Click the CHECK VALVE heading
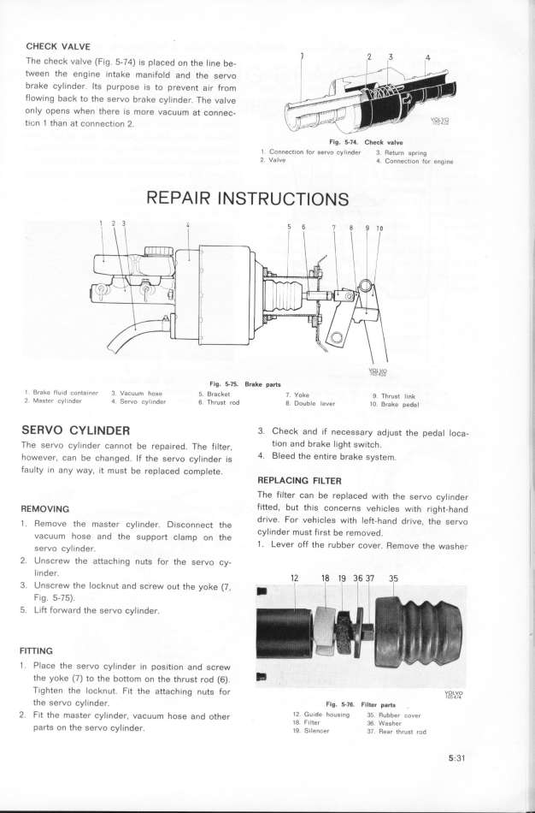click(65, 46)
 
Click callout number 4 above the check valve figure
click(426, 59)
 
